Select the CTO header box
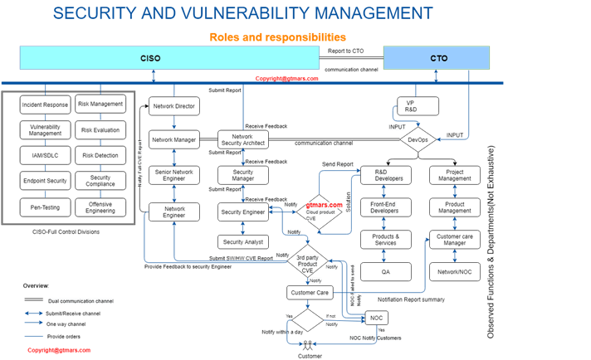tap(437, 59)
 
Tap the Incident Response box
tap(45, 105)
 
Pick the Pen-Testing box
tap(45, 207)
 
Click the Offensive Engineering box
tap(100, 207)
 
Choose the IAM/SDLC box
tap(45, 155)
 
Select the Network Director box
tap(174, 106)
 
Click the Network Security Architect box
tap(242, 140)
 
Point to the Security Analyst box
tap(242, 242)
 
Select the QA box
tap(385, 272)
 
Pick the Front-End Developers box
tap(385, 207)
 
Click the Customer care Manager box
tap(455, 241)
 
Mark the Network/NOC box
tap(455, 272)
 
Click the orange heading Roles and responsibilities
tap(277, 37)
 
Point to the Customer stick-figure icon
tap(310, 343)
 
